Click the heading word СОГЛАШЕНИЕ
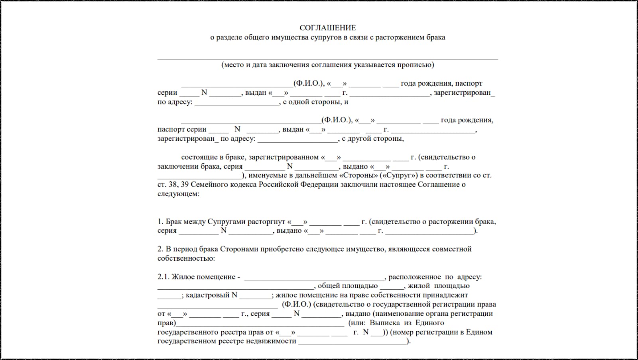point(327,28)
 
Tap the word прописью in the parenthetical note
point(418,65)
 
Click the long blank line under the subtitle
point(327,59)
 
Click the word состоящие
point(199,157)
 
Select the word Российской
point(278,185)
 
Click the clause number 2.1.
point(163,277)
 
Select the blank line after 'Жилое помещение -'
point(314,279)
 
